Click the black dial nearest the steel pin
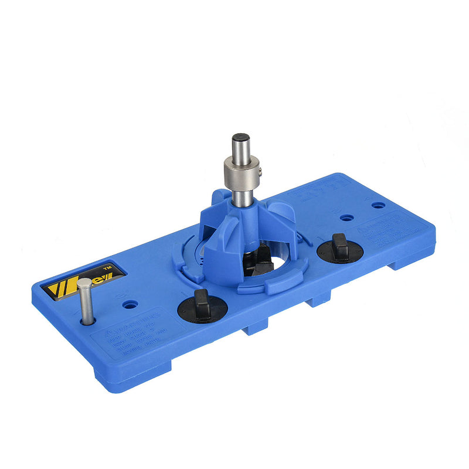pos(202,304)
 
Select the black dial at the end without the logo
pos(339,247)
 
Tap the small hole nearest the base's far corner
pos(379,206)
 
